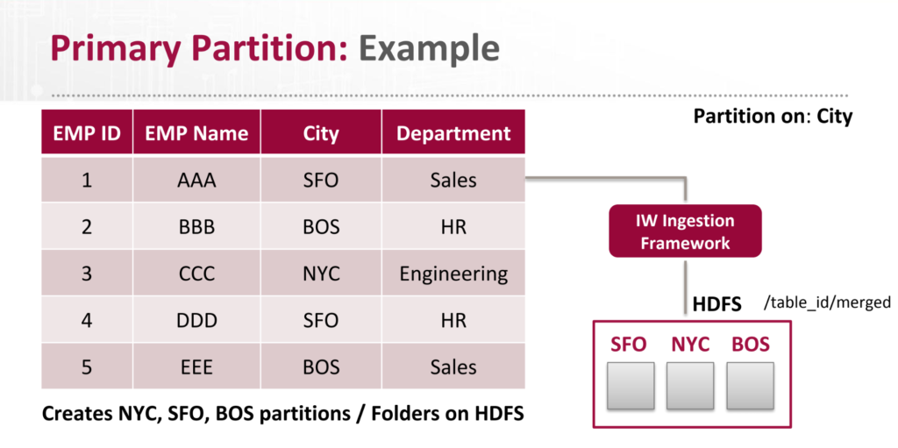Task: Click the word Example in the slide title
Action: [429, 48]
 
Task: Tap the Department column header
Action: [453, 133]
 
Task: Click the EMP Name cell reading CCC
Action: [196, 274]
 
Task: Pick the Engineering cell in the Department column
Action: [453, 274]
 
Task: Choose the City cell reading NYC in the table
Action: [320, 274]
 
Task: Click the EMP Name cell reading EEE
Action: [196, 366]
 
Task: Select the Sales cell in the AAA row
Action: [453, 181]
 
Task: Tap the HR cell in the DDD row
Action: [453, 320]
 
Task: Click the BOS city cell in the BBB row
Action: [320, 227]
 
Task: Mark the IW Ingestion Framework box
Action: [686, 231]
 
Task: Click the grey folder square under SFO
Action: [631, 385]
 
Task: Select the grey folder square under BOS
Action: [750, 385]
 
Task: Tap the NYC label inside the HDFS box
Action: [690, 344]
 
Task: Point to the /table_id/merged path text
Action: [826, 303]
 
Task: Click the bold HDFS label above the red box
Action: [716, 304]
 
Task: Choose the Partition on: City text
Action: [773, 116]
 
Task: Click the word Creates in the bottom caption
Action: [79, 413]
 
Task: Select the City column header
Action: [320, 133]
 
